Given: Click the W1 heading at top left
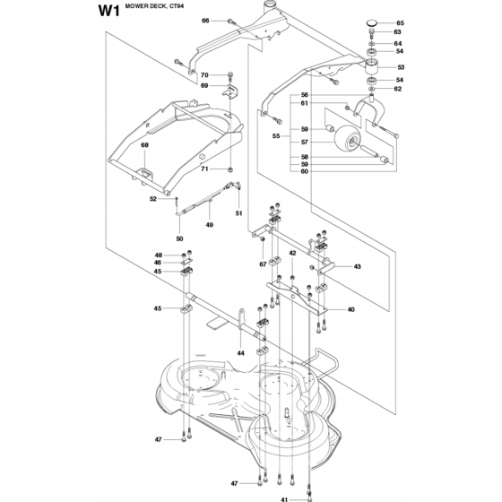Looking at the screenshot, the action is click(x=108, y=11).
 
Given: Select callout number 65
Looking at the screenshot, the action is click(x=400, y=23).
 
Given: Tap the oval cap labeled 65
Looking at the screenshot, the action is click(x=372, y=22).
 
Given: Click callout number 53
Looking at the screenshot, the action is click(x=401, y=67).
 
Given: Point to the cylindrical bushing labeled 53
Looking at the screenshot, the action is click(x=372, y=67).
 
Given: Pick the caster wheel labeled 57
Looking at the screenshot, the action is click(x=348, y=140).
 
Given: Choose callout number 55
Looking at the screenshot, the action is click(x=276, y=136).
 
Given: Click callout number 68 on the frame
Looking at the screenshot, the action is click(x=144, y=145).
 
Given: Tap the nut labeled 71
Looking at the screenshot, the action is click(x=229, y=169).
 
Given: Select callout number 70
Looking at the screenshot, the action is click(x=204, y=75).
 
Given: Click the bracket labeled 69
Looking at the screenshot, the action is click(x=229, y=91).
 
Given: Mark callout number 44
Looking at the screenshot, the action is click(x=241, y=353).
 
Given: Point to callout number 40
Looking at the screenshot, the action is click(x=351, y=309).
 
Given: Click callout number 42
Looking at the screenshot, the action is click(x=292, y=253).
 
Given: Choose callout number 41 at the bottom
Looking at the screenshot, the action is click(x=285, y=499).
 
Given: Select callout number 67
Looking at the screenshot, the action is click(x=263, y=264).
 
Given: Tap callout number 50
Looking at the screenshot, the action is click(x=179, y=238).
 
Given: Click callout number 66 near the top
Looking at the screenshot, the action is click(x=205, y=21).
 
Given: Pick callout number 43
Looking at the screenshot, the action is click(x=358, y=266).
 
